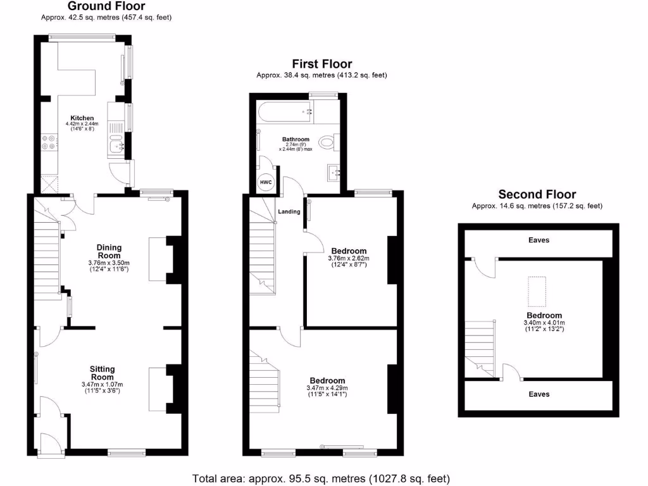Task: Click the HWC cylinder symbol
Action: coord(264,182)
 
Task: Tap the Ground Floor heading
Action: coord(106,6)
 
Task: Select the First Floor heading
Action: coord(321,63)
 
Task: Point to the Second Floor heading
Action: coord(537,194)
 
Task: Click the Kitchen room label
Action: coord(82,118)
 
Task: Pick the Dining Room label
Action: coord(109,251)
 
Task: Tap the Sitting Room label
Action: coord(102,373)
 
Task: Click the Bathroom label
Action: coord(296,139)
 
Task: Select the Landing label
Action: coord(289,211)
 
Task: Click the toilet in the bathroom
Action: coord(328,142)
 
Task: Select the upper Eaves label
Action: coord(539,240)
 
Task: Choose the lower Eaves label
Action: coord(539,394)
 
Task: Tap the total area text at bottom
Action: coord(321,478)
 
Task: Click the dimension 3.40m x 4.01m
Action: coord(544,323)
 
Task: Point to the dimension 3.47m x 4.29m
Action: coord(327,388)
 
